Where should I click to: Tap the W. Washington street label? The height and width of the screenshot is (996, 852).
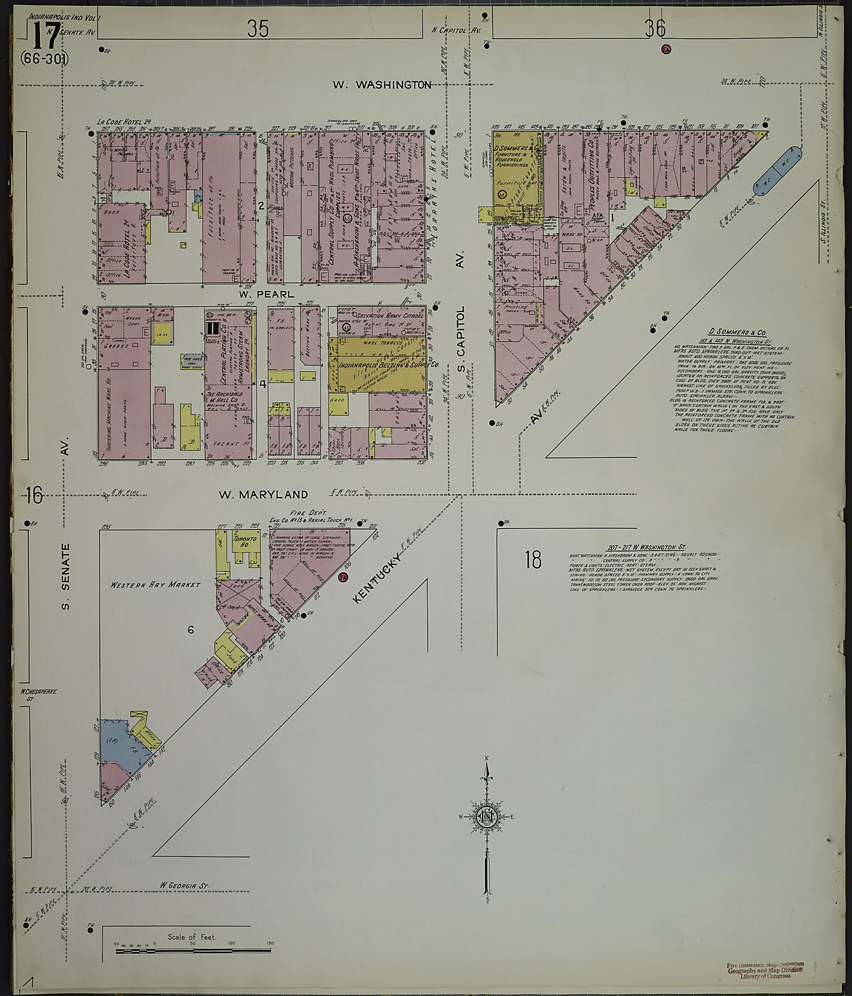point(382,85)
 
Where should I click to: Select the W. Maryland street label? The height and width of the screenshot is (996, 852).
point(263,494)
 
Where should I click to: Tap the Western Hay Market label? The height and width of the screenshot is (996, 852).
point(155,585)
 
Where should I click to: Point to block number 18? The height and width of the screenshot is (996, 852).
point(533,560)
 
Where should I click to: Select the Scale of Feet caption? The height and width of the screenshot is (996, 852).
point(192,937)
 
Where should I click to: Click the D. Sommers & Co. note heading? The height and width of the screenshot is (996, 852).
point(737,332)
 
